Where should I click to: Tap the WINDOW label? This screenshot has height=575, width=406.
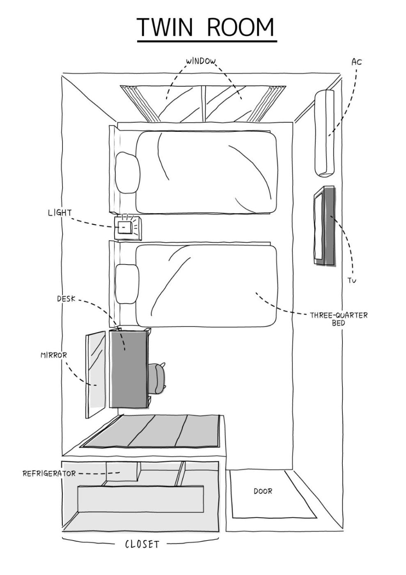click(201, 62)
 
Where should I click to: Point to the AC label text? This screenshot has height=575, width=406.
click(356, 62)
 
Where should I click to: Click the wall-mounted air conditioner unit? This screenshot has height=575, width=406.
click(324, 133)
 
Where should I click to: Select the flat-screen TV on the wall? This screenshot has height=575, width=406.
click(325, 225)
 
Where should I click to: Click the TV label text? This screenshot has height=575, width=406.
click(352, 281)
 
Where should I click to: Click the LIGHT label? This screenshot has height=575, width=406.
click(60, 213)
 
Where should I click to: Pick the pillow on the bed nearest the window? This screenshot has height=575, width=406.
click(127, 172)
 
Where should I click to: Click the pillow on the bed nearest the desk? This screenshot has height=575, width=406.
click(127, 283)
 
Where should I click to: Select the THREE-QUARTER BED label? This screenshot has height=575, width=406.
click(339, 319)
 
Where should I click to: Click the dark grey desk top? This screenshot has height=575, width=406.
click(128, 368)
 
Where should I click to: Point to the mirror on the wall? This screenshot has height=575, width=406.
click(95, 374)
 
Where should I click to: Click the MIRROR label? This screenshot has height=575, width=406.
click(53, 355)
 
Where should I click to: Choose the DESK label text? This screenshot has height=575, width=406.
click(66, 299)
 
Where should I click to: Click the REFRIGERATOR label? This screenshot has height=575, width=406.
click(49, 474)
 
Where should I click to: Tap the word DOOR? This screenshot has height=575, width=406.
click(263, 491)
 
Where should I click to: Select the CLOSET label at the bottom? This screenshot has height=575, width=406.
click(142, 545)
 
